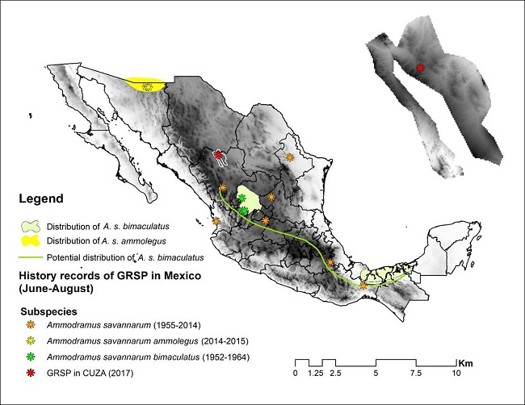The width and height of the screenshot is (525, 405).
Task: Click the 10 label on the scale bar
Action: pos(457,374)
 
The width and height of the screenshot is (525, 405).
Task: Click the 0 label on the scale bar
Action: pos(296,374)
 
